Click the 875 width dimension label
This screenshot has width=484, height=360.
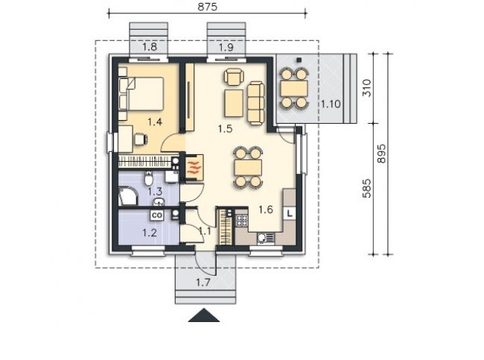pos(207,7)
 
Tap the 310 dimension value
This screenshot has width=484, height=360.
pos(366,88)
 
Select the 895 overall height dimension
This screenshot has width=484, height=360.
pos(381,154)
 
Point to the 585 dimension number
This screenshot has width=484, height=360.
pos(366,188)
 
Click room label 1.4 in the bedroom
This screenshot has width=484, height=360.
pos(155,122)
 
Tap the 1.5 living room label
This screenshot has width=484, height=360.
pos(225,128)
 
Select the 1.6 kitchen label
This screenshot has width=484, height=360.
pos(266,209)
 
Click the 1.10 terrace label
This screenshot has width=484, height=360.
pos(331,104)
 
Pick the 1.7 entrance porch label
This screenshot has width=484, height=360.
pos(203,282)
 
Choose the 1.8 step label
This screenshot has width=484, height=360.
pos(150,47)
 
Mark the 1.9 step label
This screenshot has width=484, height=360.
pos(226,47)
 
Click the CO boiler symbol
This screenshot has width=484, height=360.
pos(157,215)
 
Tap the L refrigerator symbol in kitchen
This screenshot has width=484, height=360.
pos(290,213)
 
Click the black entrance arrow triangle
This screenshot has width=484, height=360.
pos(204,315)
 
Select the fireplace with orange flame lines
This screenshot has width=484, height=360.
pos(194,167)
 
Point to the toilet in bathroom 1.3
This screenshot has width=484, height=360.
pos(148,177)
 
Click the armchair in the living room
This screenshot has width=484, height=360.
pos(235,77)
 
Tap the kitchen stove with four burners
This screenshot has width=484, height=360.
pos(242,221)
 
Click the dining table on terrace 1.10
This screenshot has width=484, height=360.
pos(294,89)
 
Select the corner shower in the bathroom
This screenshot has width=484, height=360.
pos(127,195)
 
